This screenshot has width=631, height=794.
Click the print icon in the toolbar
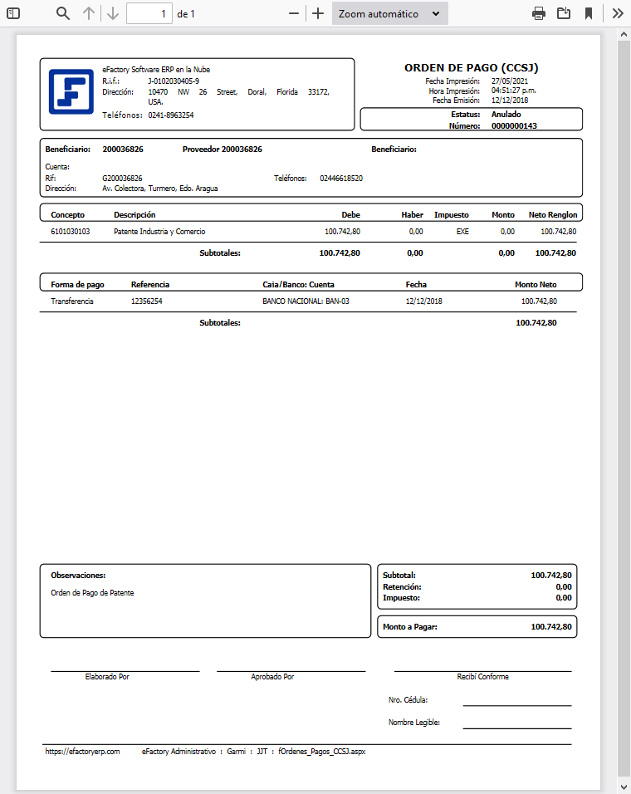(539, 13)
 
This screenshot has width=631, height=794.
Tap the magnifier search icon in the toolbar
(63, 13)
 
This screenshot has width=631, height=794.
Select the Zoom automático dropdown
(389, 13)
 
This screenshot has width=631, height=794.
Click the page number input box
(149, 13)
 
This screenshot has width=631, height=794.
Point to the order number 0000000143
(514, 126)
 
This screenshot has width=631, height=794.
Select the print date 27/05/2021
(509, 81)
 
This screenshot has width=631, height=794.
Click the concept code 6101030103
(71, 232)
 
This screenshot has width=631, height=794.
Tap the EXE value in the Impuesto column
(462, 232)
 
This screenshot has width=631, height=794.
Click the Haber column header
(412, 214)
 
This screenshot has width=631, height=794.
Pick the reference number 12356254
(147, 301)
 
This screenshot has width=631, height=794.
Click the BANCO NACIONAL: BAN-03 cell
(306, 301)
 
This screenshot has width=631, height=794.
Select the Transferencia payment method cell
(72, 301)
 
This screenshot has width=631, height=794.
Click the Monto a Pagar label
(409, 627)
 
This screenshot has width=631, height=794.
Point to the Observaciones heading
(78, 575)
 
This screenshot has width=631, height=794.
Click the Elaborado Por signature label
(107, 677)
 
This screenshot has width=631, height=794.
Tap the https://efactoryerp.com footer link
(83, 751)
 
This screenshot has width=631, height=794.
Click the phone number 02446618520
(341, 178)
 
